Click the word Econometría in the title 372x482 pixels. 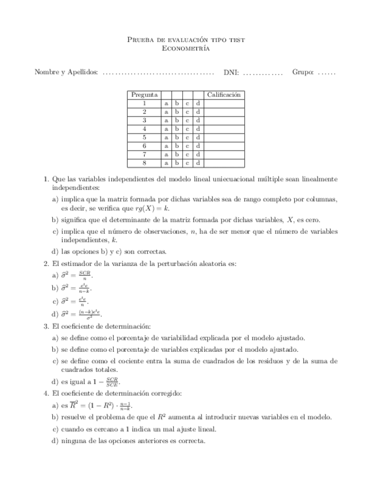point(186,49)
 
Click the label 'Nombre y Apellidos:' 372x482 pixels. point(66,72)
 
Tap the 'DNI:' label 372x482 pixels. point(231,72)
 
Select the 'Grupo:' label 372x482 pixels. point(303,72)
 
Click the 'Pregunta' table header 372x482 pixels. point(144,95)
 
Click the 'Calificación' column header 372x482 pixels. point(224,95)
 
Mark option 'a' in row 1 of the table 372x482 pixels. point(166,103)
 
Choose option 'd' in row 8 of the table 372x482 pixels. point(198,163)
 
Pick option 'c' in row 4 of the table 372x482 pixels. point(187,129)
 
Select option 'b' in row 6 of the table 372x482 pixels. point(177,146)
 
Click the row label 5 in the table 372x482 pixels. point(144,138)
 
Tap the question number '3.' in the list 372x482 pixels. point(47,326)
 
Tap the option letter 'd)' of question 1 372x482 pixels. point(55,251)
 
